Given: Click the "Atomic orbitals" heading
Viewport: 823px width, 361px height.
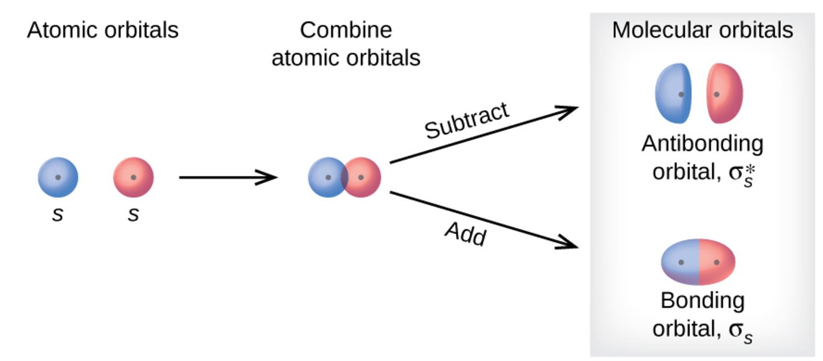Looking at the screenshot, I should [102, 30].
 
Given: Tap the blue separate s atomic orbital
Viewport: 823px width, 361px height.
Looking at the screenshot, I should [58, 177].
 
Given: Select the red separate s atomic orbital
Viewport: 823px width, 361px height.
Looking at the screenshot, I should [134, 177].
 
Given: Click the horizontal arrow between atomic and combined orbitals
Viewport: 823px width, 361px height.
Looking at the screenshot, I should [227, 177].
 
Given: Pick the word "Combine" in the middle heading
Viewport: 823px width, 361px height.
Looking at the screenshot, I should [346, 30].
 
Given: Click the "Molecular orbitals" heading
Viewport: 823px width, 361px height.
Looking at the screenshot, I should [702, 30].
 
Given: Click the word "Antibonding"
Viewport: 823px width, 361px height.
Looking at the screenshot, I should [702, 144].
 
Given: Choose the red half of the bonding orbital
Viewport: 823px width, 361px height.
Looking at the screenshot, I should [717, 262].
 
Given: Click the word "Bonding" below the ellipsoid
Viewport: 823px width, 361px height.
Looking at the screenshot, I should [702, 300].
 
